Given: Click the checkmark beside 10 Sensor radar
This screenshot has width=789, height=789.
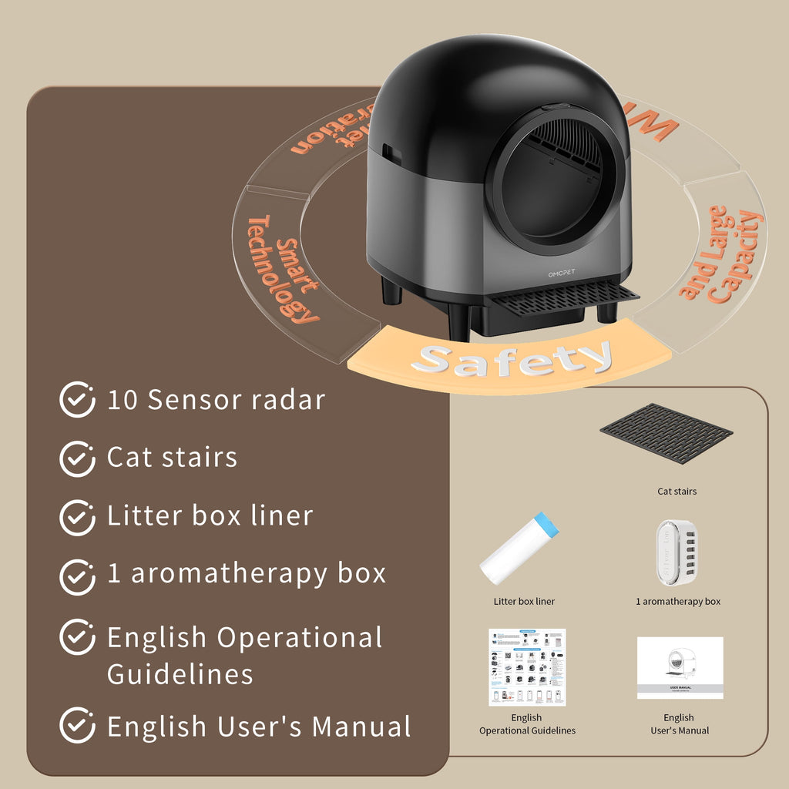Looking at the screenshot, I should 77,401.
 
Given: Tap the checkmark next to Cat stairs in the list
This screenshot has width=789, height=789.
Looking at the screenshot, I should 77,458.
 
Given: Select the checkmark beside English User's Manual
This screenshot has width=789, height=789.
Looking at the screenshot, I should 77,727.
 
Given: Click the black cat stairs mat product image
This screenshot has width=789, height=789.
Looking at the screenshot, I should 666,433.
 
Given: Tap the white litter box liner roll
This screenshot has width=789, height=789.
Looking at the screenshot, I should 521,548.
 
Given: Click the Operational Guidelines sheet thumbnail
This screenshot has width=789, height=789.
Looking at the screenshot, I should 527,667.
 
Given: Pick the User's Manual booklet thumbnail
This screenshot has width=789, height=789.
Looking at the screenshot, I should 680,668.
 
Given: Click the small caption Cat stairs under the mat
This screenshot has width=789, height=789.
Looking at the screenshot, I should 677,491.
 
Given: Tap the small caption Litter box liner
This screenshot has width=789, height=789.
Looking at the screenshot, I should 524,601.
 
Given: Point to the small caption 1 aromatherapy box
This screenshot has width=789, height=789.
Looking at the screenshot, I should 678,601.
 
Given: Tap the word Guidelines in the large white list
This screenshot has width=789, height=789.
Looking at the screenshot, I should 180,674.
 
